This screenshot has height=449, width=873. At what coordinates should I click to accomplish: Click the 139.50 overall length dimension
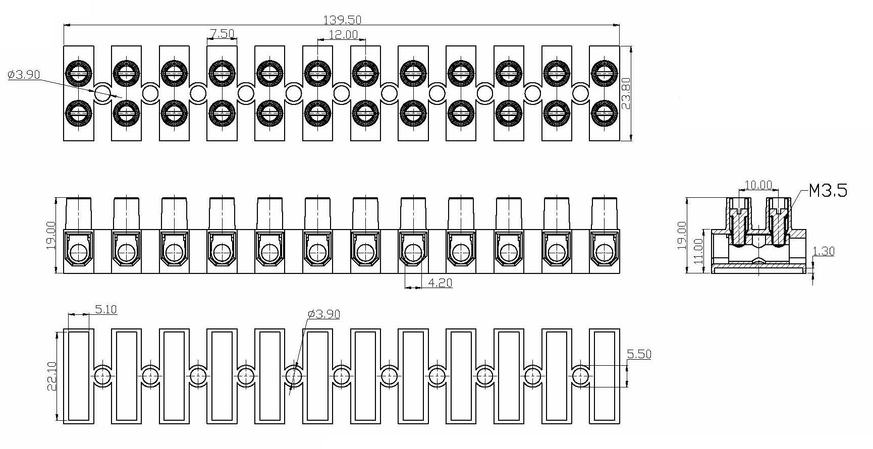[x=342, y=20]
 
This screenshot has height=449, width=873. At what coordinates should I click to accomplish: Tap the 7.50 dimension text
[x=222, y=33]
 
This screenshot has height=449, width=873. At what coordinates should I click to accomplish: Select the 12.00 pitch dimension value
[x=343, y=34]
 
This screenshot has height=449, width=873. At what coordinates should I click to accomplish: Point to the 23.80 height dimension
[x=626, y=93]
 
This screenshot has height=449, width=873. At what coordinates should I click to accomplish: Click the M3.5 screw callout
[x=828, y=191]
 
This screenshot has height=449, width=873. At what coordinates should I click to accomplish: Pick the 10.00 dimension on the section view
[x=758, y=185]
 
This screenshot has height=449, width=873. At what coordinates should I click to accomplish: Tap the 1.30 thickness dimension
[x=824, y=251]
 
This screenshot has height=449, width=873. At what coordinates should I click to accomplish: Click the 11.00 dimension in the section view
[x=698, y=251]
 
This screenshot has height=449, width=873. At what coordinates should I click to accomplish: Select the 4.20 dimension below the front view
[x=440, y=283]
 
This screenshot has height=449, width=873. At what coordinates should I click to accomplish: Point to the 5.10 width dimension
[x=106, y=309]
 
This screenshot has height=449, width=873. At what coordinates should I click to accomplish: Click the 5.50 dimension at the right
[x=639, y=354]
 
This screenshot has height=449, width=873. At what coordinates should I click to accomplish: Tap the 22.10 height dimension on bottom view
[x=52, y=376]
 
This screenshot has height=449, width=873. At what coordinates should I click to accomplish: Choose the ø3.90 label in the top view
[x=24, y=75]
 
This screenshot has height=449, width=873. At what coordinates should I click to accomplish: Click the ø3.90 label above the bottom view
[x=324, y=314]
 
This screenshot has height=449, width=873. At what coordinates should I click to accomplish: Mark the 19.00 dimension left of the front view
[x=51, y=235]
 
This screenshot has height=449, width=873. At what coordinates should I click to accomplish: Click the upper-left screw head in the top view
[x=79, y=73]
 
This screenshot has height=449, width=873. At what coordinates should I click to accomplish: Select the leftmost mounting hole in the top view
[x=102, y=93]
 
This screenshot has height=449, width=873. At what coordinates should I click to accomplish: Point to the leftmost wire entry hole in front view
[x=79, y=253]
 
